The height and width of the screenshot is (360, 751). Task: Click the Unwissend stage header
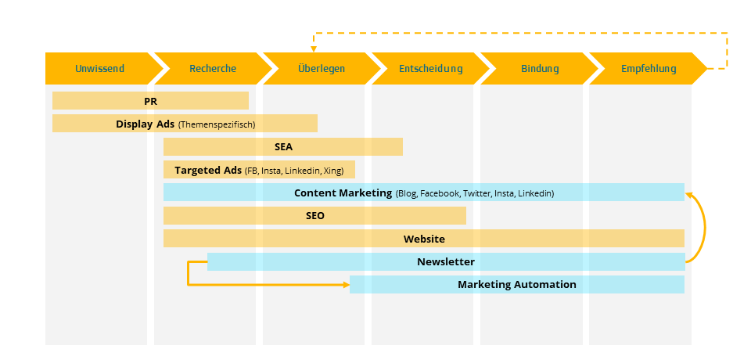tap(99, 69)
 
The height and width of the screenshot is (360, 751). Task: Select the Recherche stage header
tap(212, 69)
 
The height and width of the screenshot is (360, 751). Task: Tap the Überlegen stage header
tap(321, 69)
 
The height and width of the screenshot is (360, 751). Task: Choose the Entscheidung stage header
tap(430, 69)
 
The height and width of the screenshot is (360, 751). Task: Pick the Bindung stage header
tap(540, 69)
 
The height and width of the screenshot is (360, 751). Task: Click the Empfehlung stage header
tap(649, 69)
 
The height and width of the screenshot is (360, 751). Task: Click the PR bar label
tap(151, 101)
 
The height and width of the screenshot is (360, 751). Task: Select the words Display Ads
tap(145, 124)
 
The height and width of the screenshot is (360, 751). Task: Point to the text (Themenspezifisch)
tap(217, 124)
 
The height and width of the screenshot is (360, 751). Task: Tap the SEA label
tap(283, 146)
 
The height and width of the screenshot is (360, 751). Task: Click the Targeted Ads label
tap(208, 170)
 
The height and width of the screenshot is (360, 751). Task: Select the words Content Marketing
tap(343, 193)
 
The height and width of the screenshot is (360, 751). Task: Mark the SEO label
tap(314, 216)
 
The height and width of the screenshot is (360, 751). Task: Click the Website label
tap(424, 239)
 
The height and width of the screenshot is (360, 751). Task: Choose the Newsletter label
tap(446, 261)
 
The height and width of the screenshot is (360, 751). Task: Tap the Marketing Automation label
tap(517, 285)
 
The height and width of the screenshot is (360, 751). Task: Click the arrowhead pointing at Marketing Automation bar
tap(346, 285)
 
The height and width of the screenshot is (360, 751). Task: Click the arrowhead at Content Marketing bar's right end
tap(688, 188)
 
